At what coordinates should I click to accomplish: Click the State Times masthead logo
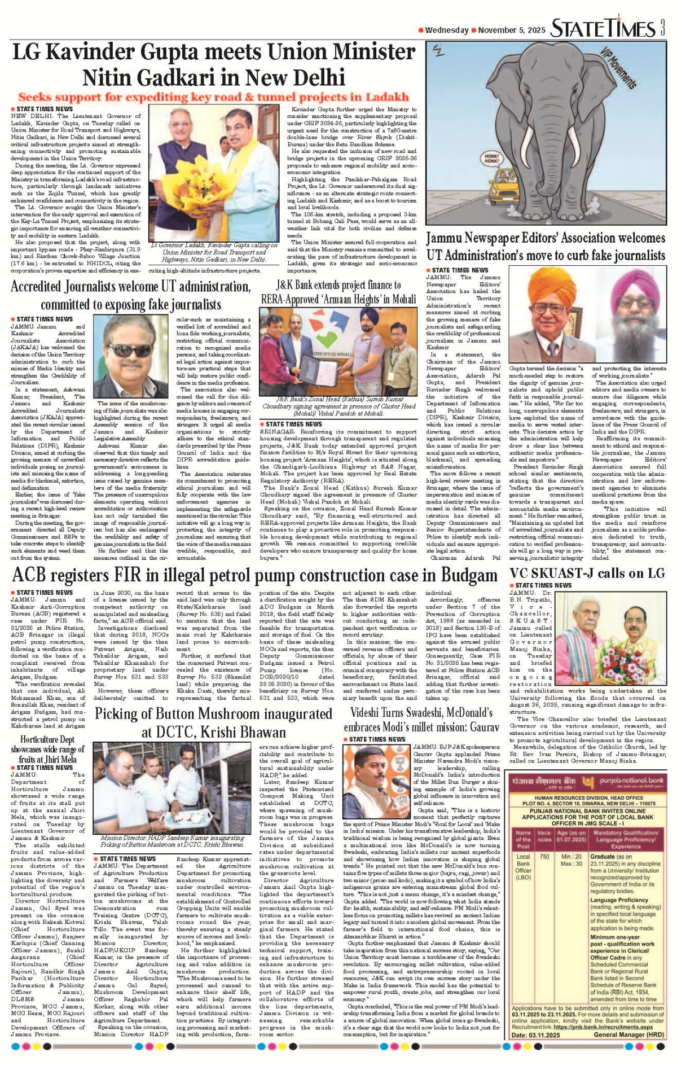[x=604, y=28]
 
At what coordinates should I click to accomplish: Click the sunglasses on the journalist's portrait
[x=130, y=349]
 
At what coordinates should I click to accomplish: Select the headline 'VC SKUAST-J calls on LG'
[x=587, y=573]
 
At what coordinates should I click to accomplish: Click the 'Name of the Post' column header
[x=523, y=839]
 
